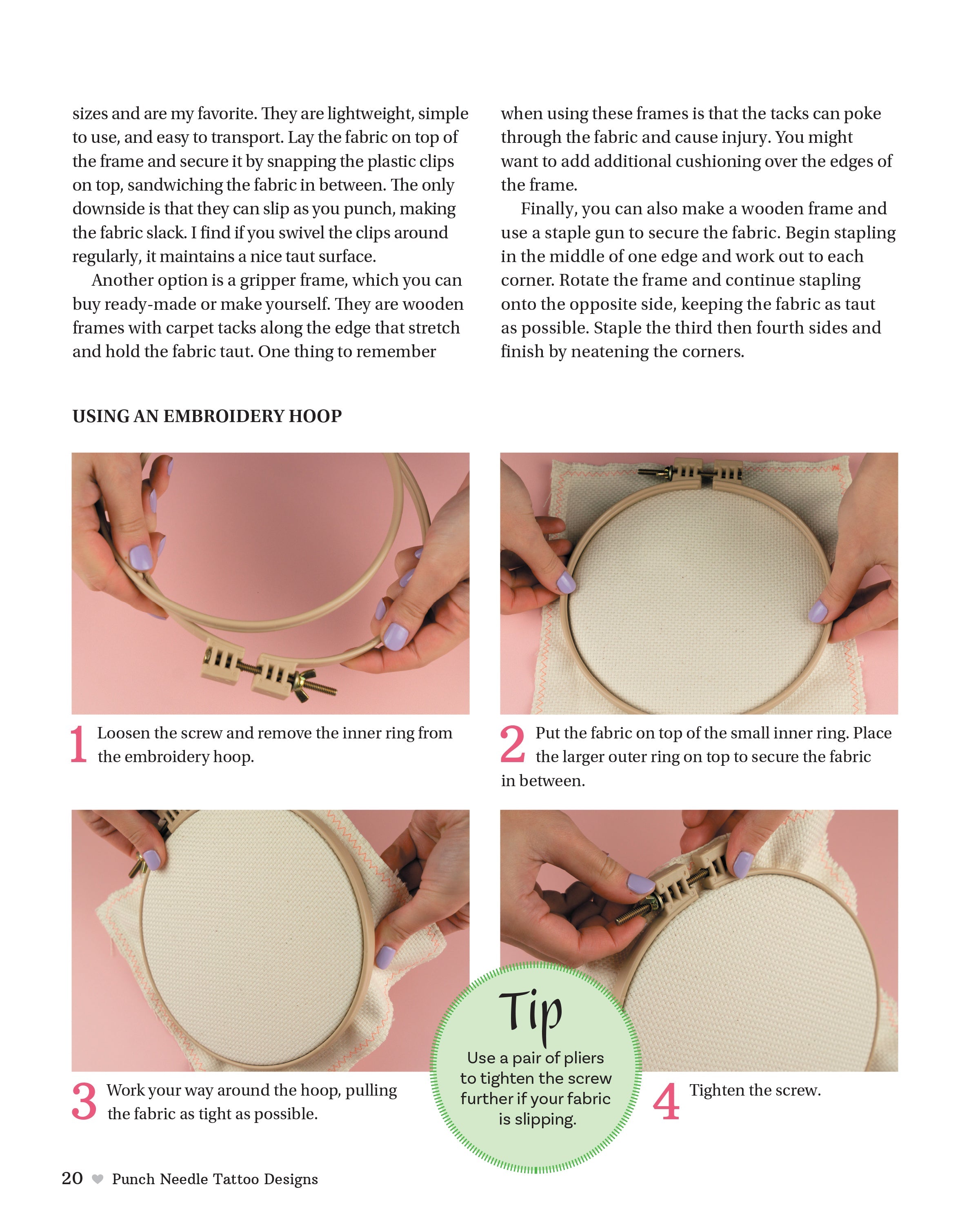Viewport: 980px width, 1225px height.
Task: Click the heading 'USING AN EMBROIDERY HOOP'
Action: (207, 416)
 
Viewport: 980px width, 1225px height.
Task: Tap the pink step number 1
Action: (78, 744)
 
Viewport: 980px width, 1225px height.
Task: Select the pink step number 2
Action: (512, 744)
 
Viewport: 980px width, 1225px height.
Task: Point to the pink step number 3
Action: (84, 1101)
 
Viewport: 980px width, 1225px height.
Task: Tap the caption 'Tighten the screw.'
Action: (755, 1090)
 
